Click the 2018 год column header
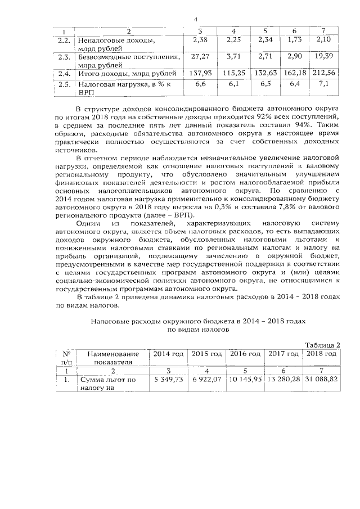pos(321,354)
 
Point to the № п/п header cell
pos(66,358)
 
